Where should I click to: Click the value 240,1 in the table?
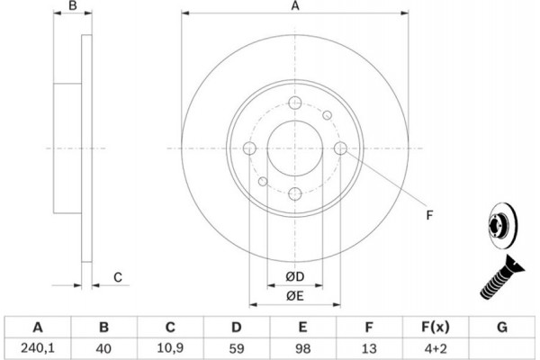tap(38, 348)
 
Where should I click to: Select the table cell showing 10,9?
tap(170, 348)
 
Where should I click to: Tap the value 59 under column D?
tap(236, 348)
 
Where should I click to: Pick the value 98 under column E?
tap(302, 348)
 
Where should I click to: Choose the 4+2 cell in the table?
tap(436, 348)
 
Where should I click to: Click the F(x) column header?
tap(436, 327)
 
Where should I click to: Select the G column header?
tap(502, 327)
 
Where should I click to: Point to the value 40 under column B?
tap(103, 348)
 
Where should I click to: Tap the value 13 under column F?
tap(369, 348)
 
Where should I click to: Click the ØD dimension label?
tap(295, 276)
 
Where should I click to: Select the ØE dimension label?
tap(295, 295)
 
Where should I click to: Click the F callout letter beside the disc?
tap(429, 215)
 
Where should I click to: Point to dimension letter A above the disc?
tap(295, 5)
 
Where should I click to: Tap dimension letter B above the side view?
tap(73, 5)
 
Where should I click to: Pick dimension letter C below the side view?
tap(118, 277)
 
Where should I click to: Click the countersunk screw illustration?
tap(502, 277)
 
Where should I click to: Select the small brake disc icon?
tap(502, 224)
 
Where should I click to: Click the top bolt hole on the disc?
tap(295, 103)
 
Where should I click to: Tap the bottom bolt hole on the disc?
tap(295, 194)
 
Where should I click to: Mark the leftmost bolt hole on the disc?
tap(249, 148)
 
